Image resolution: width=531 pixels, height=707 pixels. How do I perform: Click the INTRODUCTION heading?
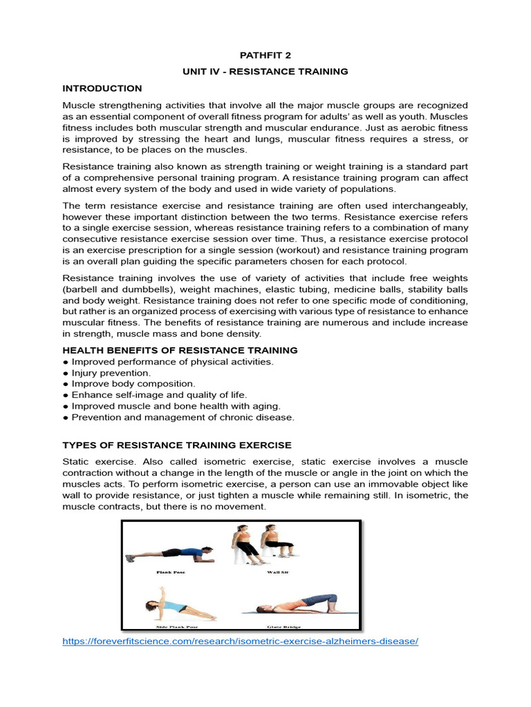(x=102, y=88)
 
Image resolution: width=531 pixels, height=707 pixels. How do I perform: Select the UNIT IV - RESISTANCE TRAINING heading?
(x=265, y=71)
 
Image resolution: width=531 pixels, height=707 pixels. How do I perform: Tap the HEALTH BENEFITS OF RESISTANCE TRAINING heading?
(x=180, y=350)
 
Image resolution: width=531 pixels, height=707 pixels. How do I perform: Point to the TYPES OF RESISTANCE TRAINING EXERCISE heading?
(x=176, y=445)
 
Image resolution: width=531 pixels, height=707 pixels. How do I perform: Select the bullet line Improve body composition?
(x=129, y=384)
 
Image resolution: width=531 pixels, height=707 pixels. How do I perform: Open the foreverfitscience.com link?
(x=240, y=641)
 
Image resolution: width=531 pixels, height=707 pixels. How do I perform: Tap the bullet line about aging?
(x=171, y=406)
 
